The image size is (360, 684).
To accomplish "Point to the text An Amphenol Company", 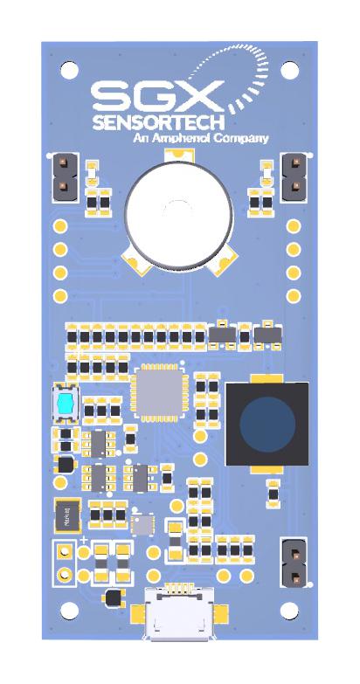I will tap(201, 138).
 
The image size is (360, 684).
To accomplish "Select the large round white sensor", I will tap(179, 211).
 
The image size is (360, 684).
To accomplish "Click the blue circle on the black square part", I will tap(267, 424).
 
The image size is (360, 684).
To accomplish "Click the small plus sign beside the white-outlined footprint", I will tap(83, 542).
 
